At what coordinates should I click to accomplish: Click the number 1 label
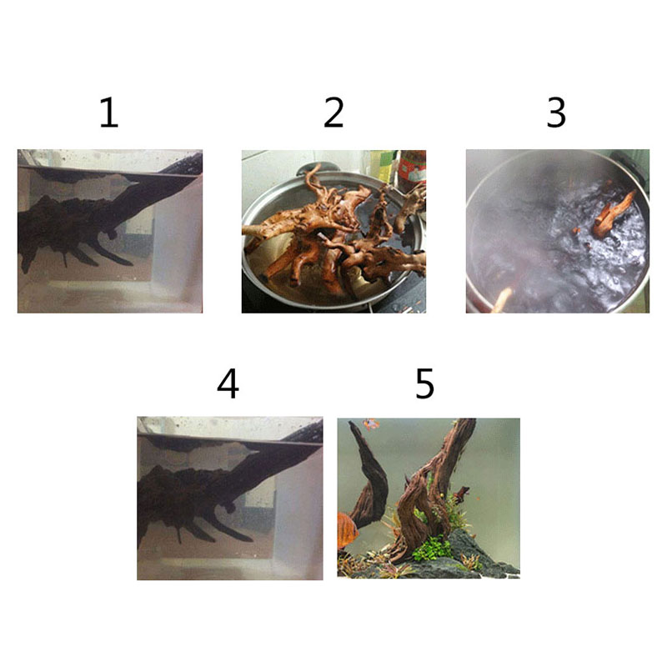click(x=109, y=113)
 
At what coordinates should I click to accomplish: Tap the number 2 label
click(x=333, y=113)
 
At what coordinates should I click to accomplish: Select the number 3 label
click(x=556, y=113)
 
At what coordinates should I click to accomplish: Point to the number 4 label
click(x=228, y=384)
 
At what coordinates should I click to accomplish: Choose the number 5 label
click(x=424, y=384)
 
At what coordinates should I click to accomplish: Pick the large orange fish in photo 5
click(x=347, y=530)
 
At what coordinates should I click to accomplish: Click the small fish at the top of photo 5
click(x=371, y=424)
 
